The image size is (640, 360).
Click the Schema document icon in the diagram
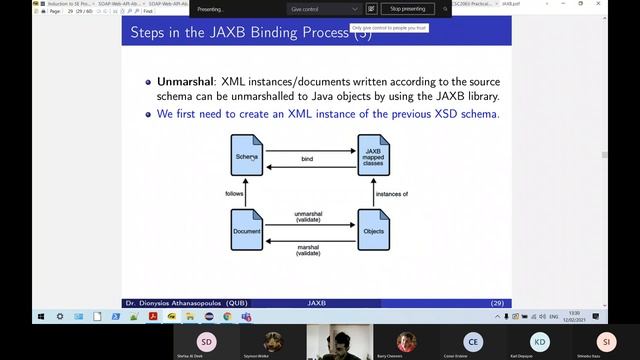247,157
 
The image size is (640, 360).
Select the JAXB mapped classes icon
372,157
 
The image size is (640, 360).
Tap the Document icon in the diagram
247,230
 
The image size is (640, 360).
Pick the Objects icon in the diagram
372,230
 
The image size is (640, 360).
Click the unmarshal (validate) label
308,218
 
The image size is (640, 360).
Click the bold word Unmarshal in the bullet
182,78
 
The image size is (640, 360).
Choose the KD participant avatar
539,339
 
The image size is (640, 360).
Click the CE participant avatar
473,339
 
